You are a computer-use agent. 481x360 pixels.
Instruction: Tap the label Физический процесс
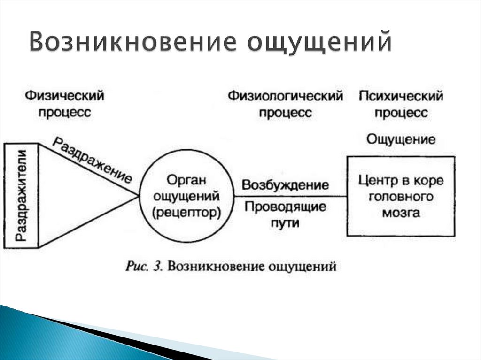[x=64, y=104]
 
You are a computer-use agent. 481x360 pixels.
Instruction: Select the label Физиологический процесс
[x=285, y=104]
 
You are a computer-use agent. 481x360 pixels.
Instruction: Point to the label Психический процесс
[x=401, y=104]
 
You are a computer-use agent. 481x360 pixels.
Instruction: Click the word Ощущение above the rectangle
[x=400, y=139]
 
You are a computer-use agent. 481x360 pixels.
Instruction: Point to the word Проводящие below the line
[x=285, y=207]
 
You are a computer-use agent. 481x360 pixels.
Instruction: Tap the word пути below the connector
[x=285, y=223]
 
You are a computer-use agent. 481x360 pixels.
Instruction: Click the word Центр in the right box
[x=375, y=180]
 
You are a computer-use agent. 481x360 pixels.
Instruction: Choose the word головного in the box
[x=400, y=196]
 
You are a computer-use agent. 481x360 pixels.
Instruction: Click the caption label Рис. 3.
[x=144, y=267]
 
